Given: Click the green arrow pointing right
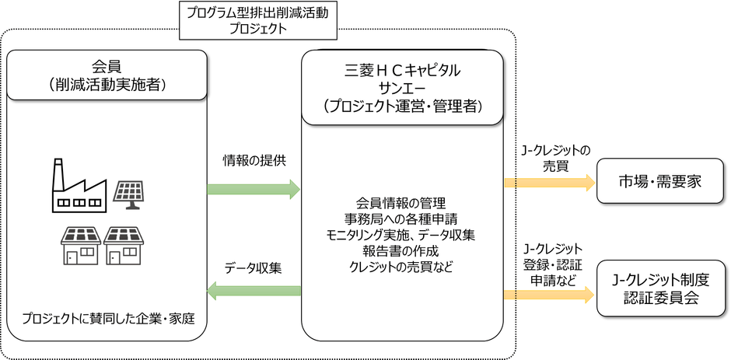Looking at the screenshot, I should pos(254,188).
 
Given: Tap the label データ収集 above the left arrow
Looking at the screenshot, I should pos(254,267).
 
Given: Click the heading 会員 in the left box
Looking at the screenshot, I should pos(107,67).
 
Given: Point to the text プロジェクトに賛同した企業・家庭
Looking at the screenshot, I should pos(107,319).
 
